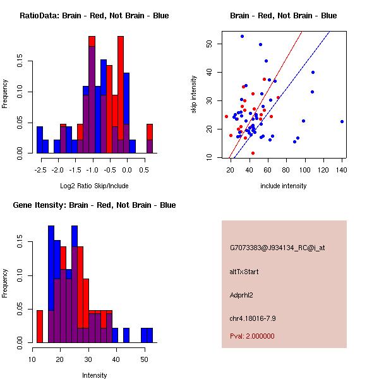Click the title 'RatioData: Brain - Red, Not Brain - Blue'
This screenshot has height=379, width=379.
point(93,16)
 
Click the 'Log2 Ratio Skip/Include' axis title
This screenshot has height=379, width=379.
point(93,185)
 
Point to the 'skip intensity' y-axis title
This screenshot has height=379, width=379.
point(195,95)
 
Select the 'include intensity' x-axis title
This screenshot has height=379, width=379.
point(283,186)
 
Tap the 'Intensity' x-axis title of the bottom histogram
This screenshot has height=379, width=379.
point(95,375)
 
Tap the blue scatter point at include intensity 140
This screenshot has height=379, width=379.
point(342,121)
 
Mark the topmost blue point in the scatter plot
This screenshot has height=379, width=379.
point(242,36)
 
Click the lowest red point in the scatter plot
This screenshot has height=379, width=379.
point(253,153)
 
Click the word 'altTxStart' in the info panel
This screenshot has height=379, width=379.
point(244,272)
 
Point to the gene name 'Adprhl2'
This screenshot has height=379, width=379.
point(242,294)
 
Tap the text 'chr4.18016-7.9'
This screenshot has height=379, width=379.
point(253,317)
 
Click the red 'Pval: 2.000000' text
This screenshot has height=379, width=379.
point(255,336)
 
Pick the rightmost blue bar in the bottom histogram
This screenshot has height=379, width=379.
point(150,335)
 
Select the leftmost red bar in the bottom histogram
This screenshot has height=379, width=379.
point(40,326)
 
